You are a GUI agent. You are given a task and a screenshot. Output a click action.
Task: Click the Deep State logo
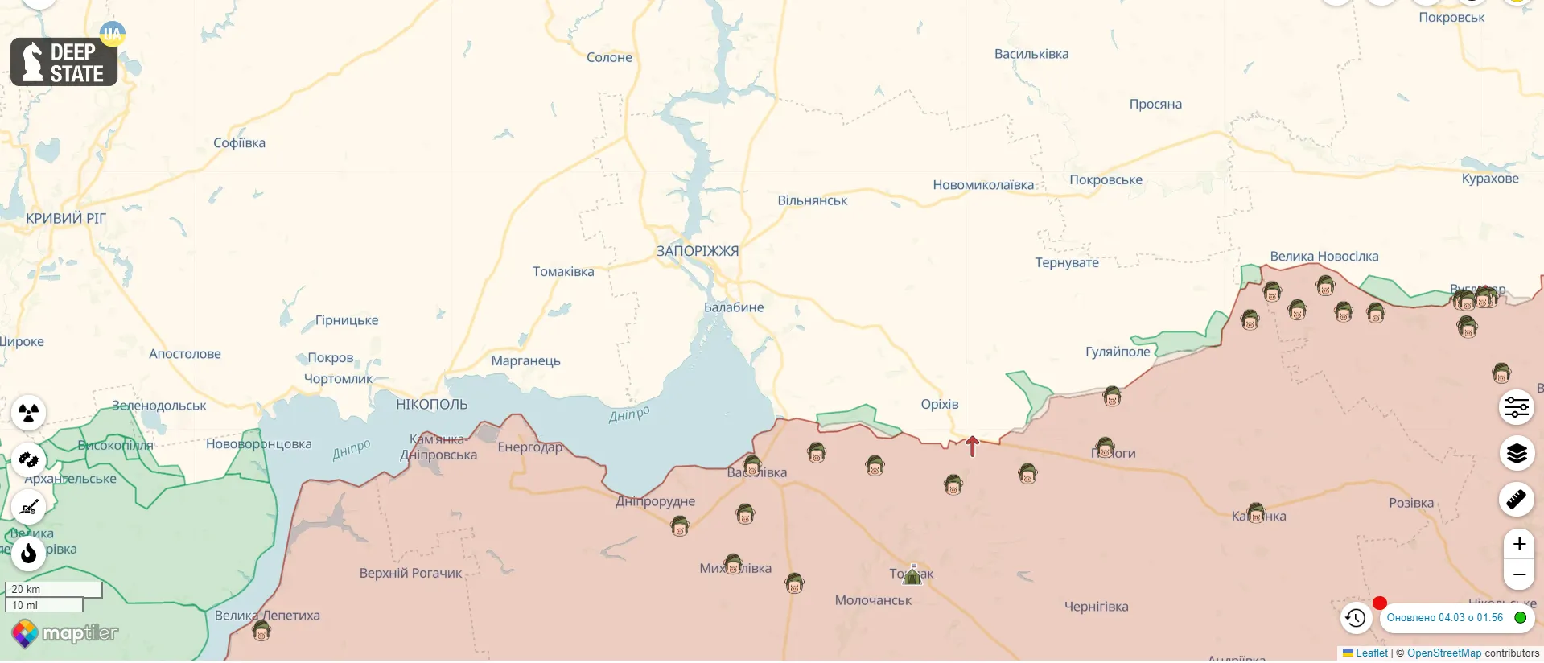pyautogui.click(x=64, y=62)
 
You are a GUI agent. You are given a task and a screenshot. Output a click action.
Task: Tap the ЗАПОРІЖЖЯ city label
pyautogui.click(x=697, y=251)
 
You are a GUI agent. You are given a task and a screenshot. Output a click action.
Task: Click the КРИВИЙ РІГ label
pyautogui.click(x=65, y=219)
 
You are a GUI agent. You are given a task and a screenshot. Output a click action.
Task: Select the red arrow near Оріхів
pyautogui.click(x=972, y=446)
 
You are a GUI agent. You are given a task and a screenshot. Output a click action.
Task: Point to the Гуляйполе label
pyautogui.click(x=1118, y=352)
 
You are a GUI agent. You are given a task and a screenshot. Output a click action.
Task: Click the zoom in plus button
pyautogui.click(x=1518, y=544)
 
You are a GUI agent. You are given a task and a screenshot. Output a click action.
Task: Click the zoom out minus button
pyautogui.click(x=1518, y=574)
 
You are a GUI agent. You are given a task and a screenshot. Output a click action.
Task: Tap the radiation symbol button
pyautogui.click(x=29, y=413)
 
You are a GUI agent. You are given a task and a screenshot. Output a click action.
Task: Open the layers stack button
pyautogui.click(x=1516, y=454)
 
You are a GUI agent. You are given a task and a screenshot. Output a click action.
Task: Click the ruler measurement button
pyautogui.click(x=1516, y=500)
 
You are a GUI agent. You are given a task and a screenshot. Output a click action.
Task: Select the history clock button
pyautogui.click(x=1356, y=618)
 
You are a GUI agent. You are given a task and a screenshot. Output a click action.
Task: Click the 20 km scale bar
pyautogui.click(x=53, y=589)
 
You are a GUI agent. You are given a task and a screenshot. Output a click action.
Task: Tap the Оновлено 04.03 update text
pyautogui.click(x=1444, y=618)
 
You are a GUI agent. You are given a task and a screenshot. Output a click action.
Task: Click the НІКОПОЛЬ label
pyautogui.click(x=431, y=405)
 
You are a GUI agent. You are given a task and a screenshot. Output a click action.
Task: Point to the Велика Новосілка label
pyautogui.click(x=1324, y=257)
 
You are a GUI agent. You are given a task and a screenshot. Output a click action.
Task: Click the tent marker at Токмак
pyautogui.click(x=912, y=574)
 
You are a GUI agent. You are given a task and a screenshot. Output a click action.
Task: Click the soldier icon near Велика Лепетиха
pyautogui.click(x=261, y=631)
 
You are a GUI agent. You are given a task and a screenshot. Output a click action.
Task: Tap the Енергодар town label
pyautogui.click(x=529, y=447)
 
